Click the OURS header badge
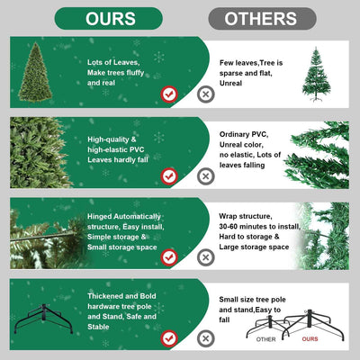pos(108,18)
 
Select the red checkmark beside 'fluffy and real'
pos(168,93)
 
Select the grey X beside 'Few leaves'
pos(206,93)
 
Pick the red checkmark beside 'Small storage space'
pos(168,256)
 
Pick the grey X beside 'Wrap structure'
pos(206,256)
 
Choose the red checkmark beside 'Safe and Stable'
pos(168,338)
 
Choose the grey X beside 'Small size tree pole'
pos(206,338)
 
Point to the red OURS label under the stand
pos(310,340)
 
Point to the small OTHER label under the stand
pos(265,340)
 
